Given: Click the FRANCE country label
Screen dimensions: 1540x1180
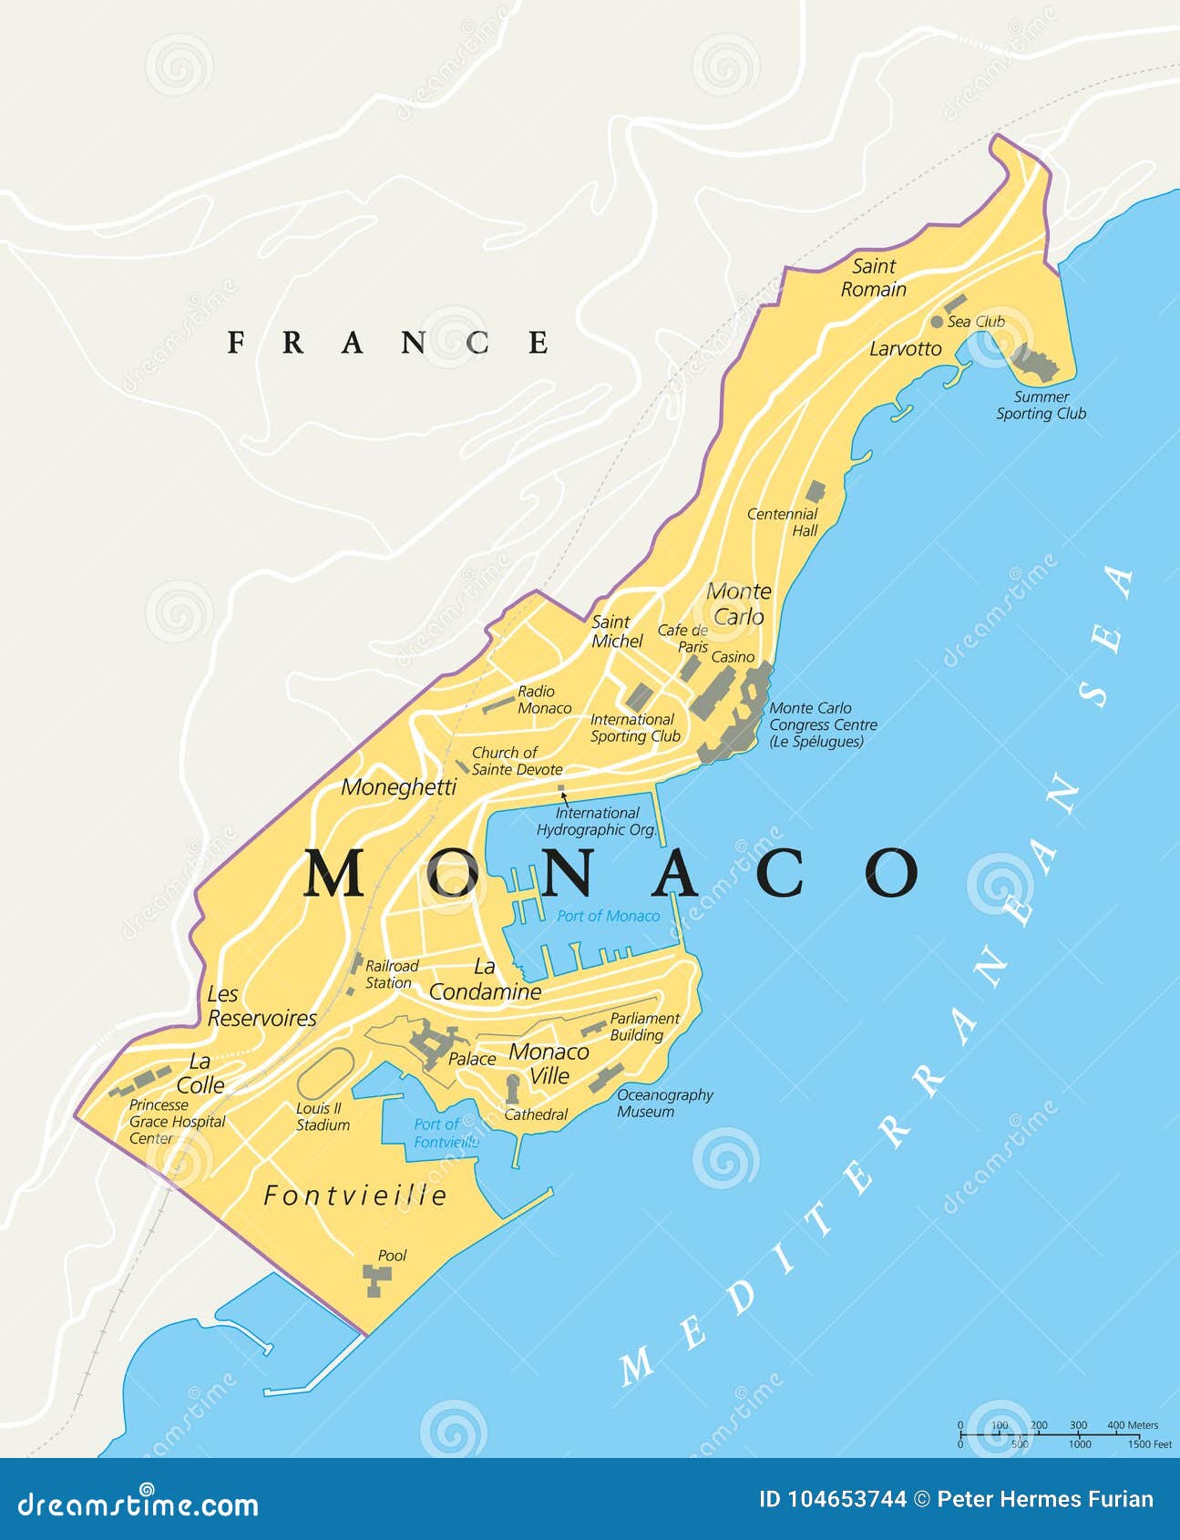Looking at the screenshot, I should (388, 343).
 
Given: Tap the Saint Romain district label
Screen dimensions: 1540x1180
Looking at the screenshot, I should (873, 278).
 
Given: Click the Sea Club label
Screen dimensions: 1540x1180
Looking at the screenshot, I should (975, 322).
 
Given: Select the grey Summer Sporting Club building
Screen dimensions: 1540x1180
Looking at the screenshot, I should (1035, 364).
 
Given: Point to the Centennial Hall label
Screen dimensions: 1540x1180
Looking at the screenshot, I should (783, 522).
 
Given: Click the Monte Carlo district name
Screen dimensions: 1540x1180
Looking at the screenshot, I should (738, 604).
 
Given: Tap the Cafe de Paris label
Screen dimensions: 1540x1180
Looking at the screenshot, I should (683, 638).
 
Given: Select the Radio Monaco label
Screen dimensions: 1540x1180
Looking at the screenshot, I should (544, 700).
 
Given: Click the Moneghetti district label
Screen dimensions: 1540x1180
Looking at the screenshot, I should (398, 787).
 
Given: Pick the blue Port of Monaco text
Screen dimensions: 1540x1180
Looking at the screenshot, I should (608, 916).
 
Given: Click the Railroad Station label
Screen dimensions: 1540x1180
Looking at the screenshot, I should (391, 974).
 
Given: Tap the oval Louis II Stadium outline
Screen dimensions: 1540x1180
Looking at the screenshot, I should (326, 1073).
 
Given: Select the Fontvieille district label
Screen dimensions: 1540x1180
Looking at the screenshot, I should (355, 1196).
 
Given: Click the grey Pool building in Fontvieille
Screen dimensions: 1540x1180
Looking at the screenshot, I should (374, 1280).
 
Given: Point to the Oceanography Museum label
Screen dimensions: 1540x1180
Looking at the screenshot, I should (664, 1104).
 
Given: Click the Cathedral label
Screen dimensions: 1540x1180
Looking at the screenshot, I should (536, 1114).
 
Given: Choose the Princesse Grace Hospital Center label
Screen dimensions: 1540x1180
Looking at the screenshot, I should (177, 1122).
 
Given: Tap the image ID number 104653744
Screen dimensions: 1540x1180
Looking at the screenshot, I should (833, 1500).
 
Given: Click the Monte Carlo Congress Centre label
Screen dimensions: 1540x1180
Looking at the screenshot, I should (823, 724).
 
